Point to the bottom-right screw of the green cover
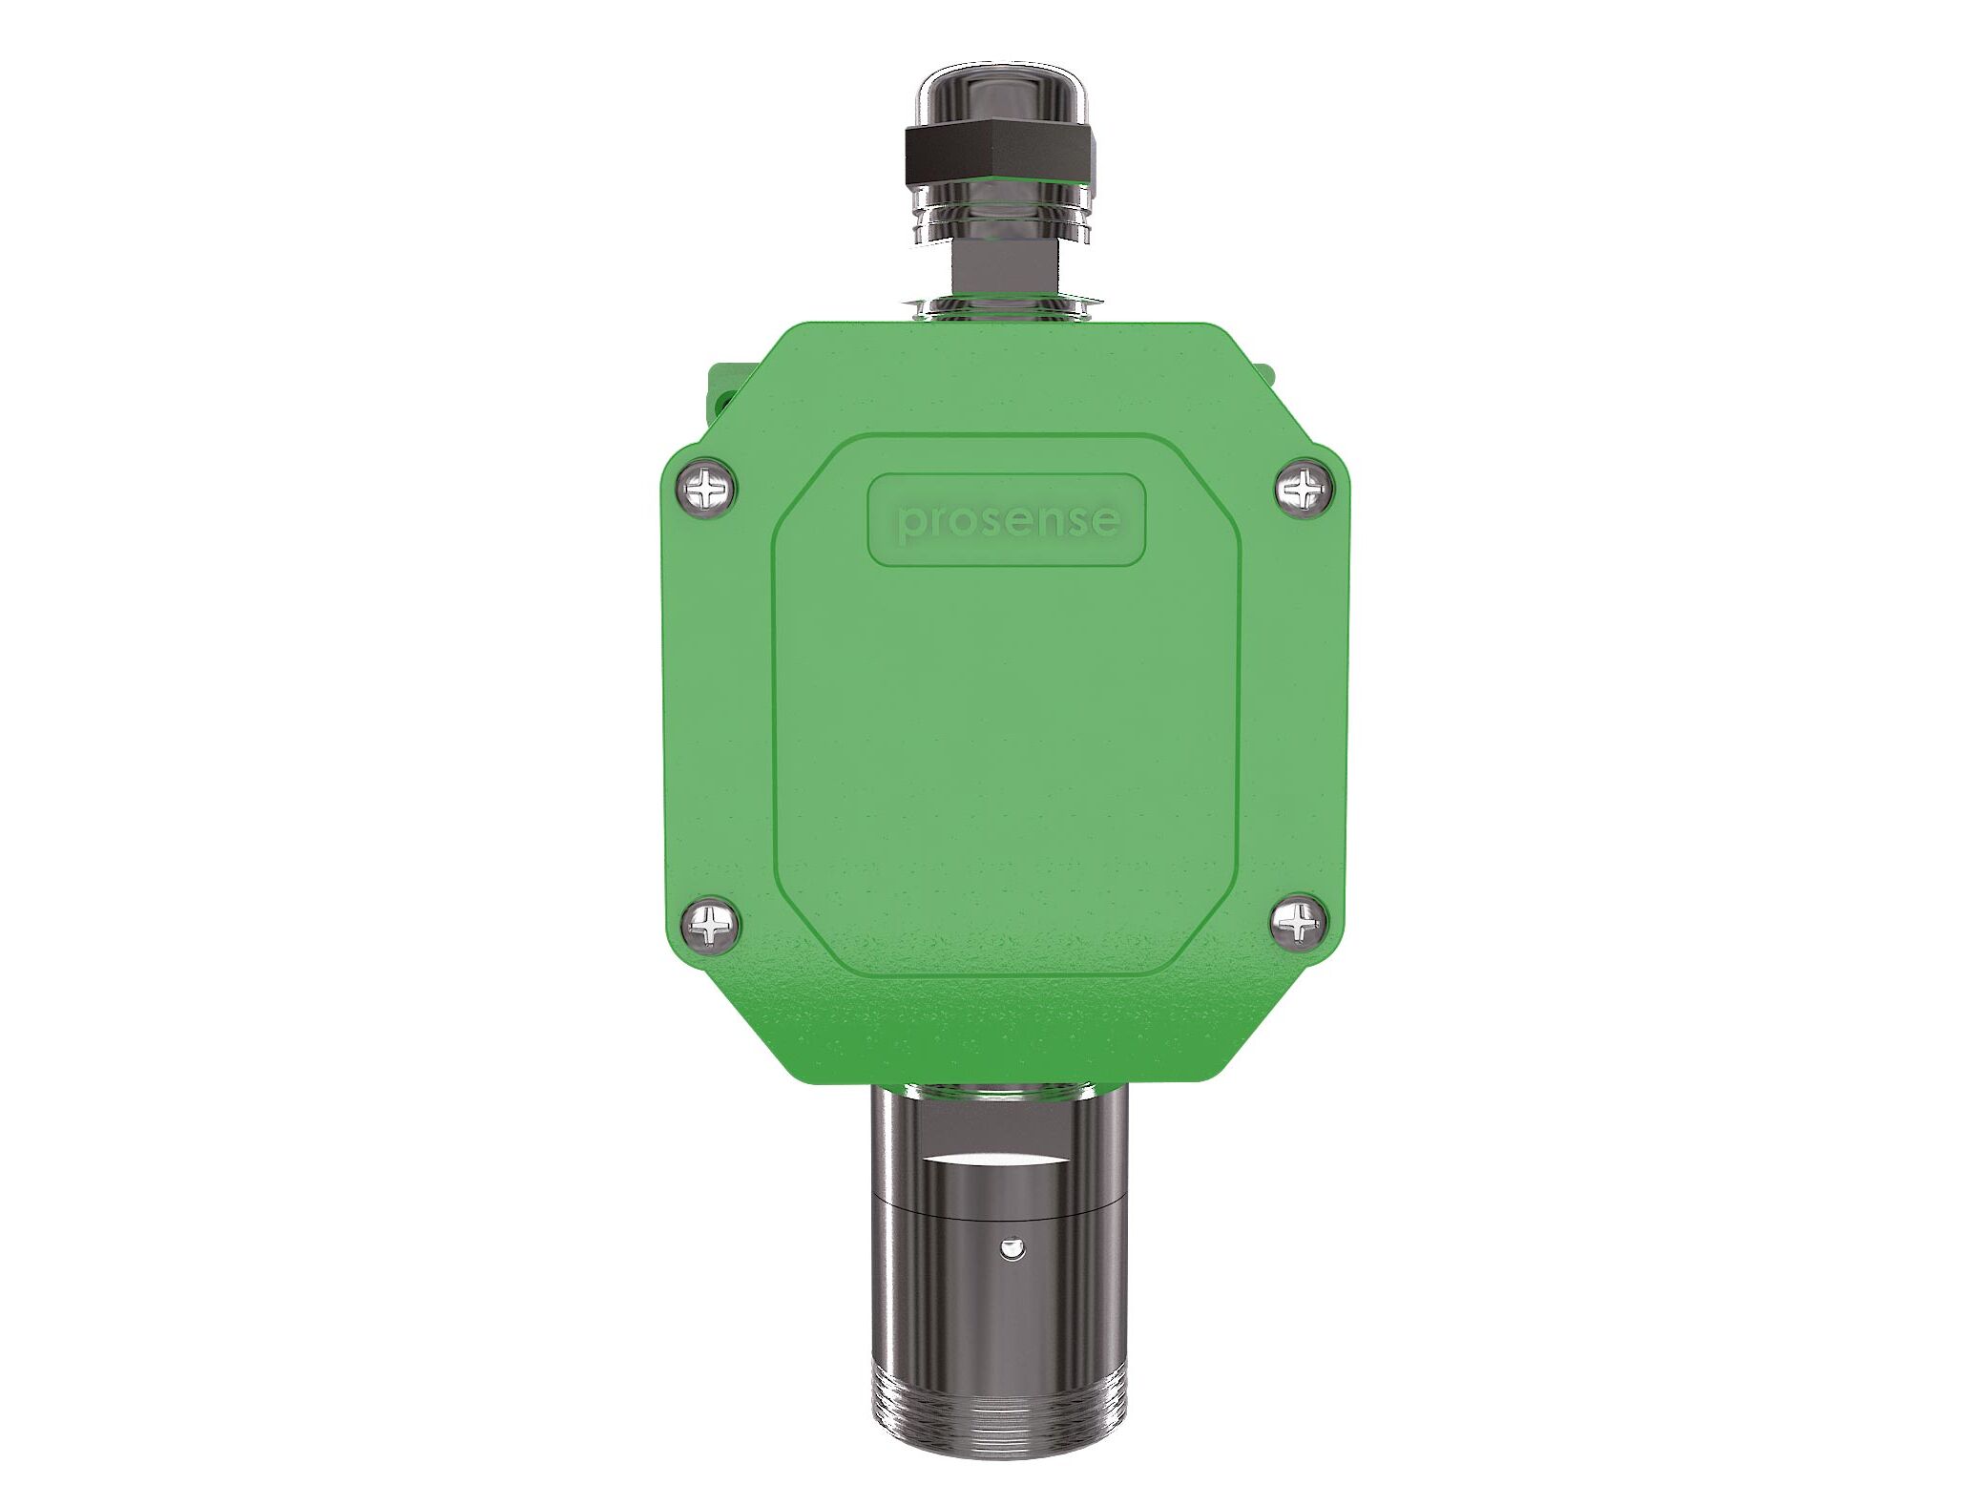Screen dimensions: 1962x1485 pos(1299,924)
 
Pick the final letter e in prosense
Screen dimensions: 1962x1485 pos(1105,520)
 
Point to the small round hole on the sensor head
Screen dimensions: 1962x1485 pos(1011,1247)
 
